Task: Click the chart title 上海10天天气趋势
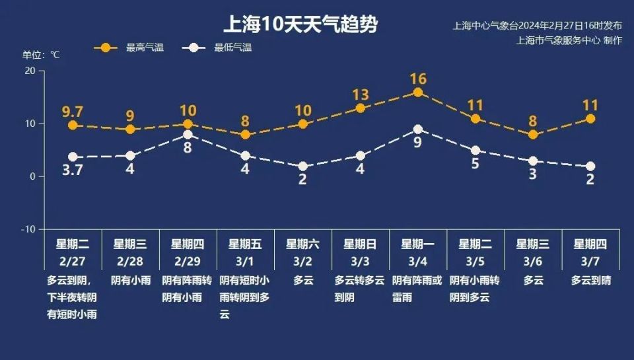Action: coord(300,25)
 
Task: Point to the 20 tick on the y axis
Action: coord(30,71)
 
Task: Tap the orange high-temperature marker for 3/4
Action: coord(417,92)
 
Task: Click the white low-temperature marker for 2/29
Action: coord(188,135)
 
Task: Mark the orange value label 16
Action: coord(417,79)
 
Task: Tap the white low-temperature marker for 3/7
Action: coord(590,166)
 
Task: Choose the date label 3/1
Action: coord(245,260)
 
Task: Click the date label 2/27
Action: coord(73,260)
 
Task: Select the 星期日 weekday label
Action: coord(360,244)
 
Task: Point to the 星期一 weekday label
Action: coord(417,244)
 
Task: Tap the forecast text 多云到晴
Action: coord(590,280)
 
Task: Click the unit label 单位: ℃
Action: coord(42,55)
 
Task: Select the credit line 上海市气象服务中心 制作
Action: coord(569,40)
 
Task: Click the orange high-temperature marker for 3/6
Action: coord(533,135)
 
